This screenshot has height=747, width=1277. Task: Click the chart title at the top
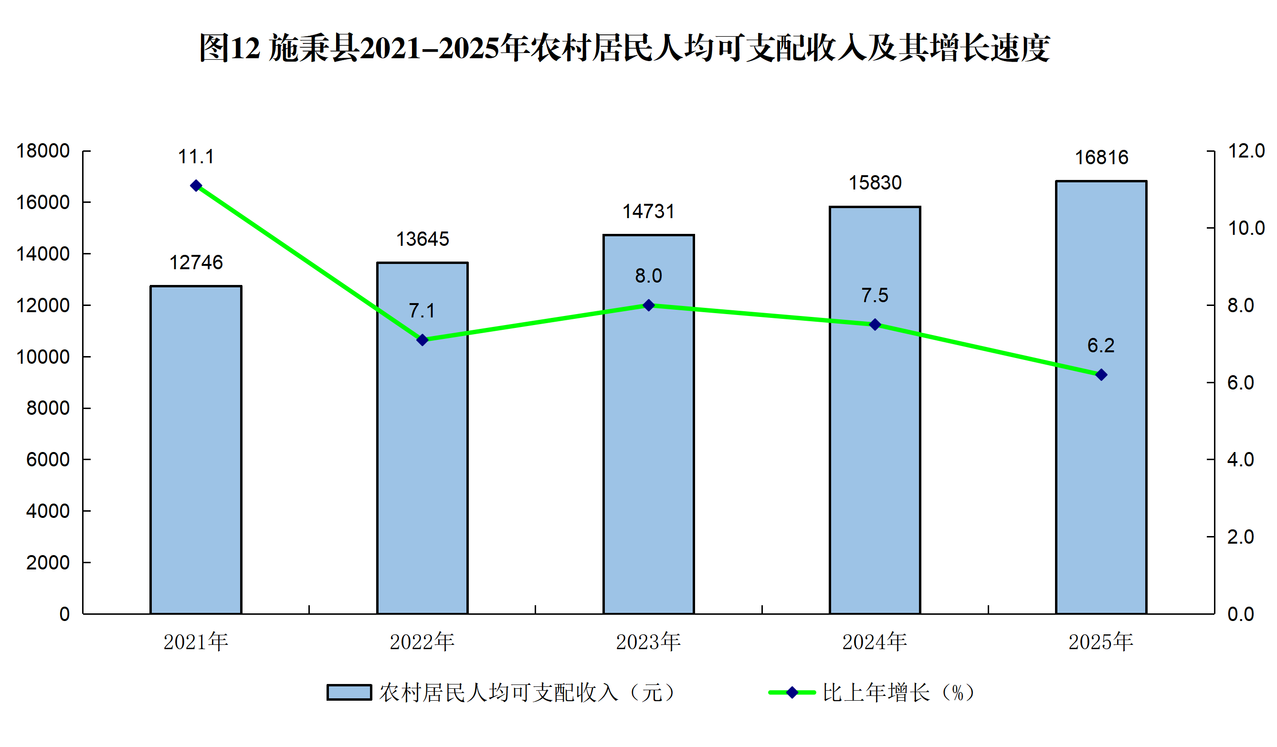(624, 48)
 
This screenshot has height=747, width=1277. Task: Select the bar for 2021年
(196, 450)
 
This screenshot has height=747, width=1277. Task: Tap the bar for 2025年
(1101, 397)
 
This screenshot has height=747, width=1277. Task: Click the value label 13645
(422, 239)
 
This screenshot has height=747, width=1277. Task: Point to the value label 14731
(649, 211)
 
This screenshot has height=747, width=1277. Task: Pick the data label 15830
(875, 183)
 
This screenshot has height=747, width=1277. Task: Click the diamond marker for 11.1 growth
(196, 186)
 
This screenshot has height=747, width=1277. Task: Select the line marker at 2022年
(422, 340)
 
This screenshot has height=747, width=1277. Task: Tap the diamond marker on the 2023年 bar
(649, 305)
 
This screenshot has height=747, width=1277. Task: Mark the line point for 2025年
(1101, 375)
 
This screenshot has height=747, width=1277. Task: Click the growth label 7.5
(875, 295)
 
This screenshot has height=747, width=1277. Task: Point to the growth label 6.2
(1101, 346)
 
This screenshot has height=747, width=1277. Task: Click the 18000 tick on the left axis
(43, 151)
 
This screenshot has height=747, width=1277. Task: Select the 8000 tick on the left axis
(48, 408)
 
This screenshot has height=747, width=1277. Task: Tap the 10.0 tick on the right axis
(1246, 228)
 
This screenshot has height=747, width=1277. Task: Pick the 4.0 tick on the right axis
(1241, 460)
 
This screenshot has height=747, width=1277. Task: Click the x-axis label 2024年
(875, 642)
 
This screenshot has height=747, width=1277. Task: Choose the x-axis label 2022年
(422, 642)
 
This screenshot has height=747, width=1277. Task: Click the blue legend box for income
(349, 693)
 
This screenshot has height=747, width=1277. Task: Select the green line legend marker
(792, 693)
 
